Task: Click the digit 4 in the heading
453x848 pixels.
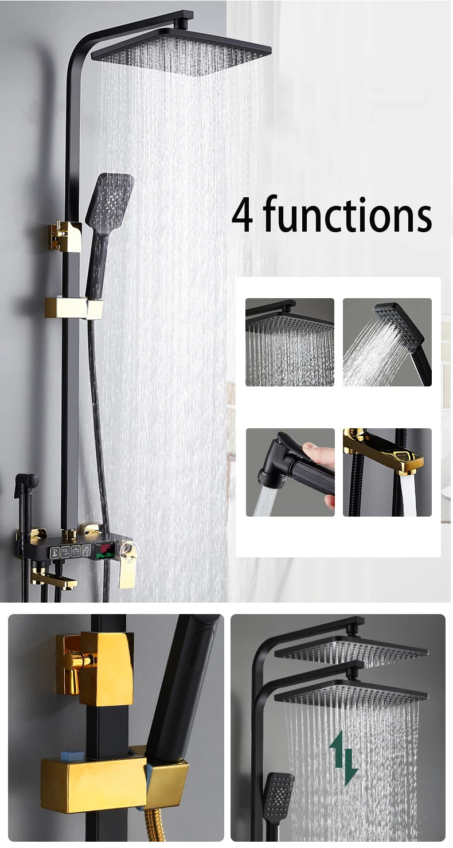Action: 243,214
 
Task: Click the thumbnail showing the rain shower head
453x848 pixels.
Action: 290,342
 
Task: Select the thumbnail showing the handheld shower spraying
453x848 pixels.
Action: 387,342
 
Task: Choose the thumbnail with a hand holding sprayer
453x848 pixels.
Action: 290,472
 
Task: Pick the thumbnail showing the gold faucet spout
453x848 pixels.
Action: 387,472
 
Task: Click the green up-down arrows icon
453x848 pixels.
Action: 343,757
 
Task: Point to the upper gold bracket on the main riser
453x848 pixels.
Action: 65,236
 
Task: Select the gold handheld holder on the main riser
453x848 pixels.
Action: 73,308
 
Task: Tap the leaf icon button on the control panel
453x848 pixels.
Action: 85,551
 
